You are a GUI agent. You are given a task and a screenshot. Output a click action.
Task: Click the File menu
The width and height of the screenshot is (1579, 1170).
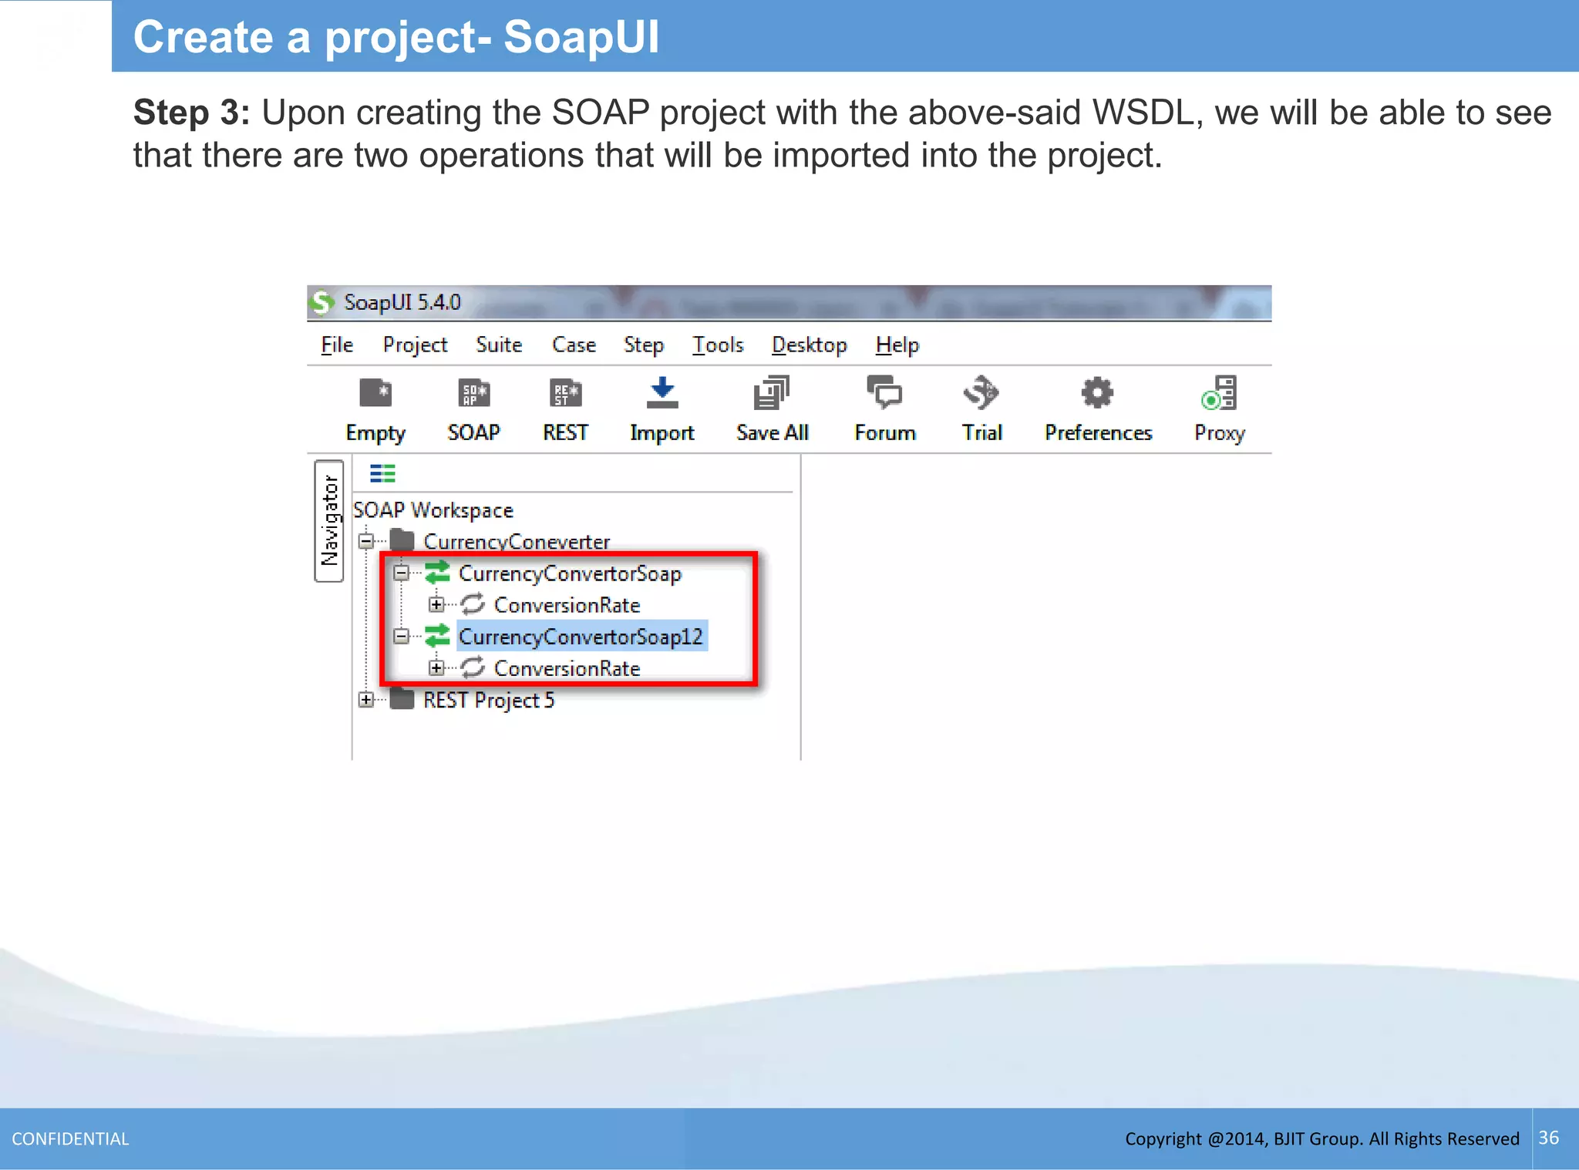click(x=337, y=345)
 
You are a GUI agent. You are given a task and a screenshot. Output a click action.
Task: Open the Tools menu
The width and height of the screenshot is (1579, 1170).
click(x=717, y=345)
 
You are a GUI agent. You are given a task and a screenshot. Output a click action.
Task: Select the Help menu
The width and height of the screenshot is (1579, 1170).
click(x=897, y=345)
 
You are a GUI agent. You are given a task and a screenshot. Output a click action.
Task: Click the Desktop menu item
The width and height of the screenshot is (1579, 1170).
click(x=809, y=345)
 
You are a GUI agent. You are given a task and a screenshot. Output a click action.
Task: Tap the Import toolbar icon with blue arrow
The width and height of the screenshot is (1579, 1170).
click(x=662, y=393)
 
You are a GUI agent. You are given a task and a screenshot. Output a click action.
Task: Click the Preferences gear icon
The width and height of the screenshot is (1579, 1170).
click(x=1097, y=393)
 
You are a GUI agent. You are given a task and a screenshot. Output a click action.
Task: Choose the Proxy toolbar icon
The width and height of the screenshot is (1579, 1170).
click(x=1220, y=393)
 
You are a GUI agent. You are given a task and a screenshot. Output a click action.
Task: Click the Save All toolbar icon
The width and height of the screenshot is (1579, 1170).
click(x=771, y=393)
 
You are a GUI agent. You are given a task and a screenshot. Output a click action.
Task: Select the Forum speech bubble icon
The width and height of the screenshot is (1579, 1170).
click(x=884, y=393)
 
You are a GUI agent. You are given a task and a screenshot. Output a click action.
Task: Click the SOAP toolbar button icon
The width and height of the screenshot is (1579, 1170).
click(x=473, y=393)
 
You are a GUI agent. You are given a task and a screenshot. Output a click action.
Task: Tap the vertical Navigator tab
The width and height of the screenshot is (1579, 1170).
click(x=329, y=521)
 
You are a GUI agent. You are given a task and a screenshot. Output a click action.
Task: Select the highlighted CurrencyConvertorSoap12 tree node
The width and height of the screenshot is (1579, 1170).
click(x=581, y=637)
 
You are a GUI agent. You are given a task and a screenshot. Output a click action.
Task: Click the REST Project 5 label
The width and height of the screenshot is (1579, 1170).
click(x=488, y=700)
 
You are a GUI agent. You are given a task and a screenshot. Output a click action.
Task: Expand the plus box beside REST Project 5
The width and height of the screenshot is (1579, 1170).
click(x=366, y=700)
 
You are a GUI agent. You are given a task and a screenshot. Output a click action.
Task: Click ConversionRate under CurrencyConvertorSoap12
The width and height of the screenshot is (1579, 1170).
click(x=567, y=668)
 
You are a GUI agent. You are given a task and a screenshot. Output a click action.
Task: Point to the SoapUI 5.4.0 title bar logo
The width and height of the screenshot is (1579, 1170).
click(x=322, y=302)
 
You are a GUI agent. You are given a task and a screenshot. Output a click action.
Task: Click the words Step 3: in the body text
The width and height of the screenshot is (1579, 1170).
click(x=191, y=113)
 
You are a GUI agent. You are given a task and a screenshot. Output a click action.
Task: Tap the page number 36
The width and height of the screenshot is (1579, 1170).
click(x=1548, y=1138)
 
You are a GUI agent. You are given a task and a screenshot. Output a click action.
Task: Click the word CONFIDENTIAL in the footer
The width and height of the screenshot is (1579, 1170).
click(x=70, y=1138)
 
